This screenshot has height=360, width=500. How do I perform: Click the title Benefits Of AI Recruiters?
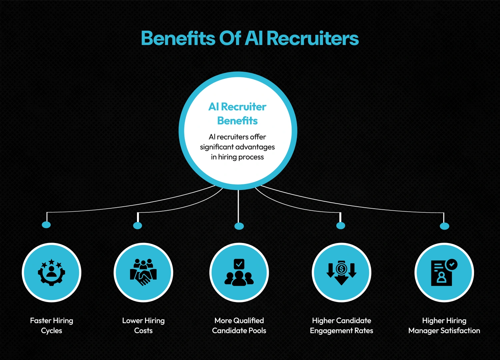pyautogui.click(x=250, y=38)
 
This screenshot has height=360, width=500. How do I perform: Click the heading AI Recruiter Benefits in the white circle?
pyautogui.click(x=237, y=114)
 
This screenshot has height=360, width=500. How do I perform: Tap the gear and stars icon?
pyautogui.click(x=51, y=272)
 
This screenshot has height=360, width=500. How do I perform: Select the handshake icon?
pyautogui.click(x=143, y=272)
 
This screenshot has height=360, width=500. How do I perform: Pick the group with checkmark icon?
pyautogui.click(x=239, y=272)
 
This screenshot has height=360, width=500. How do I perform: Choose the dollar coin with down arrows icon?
pyautogui.click(x=341, y=272)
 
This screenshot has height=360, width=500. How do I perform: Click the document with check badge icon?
pyautogui.click(x=444, y=272)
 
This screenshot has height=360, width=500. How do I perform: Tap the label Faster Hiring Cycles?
pyautogui.click(x=51, y=325)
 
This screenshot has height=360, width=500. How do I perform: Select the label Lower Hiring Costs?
pyautogui.click(x=143, y=325)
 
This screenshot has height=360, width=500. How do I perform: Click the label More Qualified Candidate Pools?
pyautogui.click(x=239, y=325)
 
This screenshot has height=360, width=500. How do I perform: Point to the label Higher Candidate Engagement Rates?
pyautogui.click(x=341, y=325)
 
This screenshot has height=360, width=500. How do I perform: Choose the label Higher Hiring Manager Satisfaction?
pyautogui.click(x=444, y=325)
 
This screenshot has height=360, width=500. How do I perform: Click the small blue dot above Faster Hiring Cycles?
pyautogui.click(x=46, y=225)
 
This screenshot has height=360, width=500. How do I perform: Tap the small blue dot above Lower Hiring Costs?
pyautogui.click(x=137, y=226)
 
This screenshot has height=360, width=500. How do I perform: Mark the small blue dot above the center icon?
pyautogui.click(x=239, y=226)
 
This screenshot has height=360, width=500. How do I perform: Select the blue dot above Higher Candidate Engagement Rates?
pyautogui.click(x=340, y=226)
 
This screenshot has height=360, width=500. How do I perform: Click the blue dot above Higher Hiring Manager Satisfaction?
pyautogui.click(x=444, y=226)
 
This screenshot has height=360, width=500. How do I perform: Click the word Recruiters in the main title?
pyautogui.click(x=313, y=38)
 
